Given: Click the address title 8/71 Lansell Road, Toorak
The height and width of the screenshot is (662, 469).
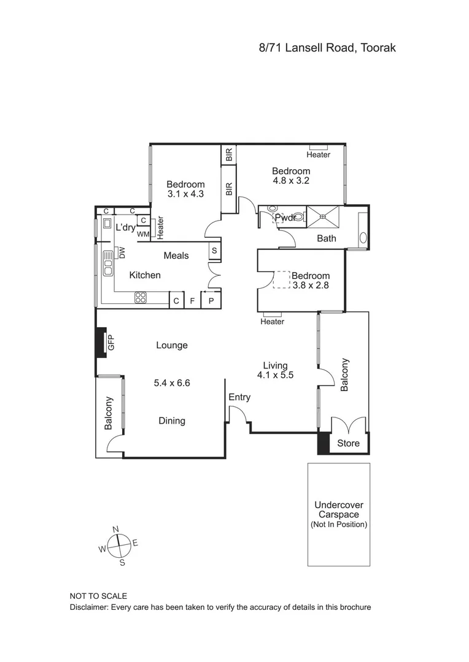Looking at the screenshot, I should [x=327, y=47].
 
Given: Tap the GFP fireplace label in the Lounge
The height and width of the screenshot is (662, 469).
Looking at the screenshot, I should [x=111, y=343].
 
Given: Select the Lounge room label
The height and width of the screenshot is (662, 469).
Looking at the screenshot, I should [x=172, y=345].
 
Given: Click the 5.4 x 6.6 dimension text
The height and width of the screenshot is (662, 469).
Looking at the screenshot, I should [x=172, y=383].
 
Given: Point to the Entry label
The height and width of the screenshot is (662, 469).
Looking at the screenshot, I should [x=239, y=397].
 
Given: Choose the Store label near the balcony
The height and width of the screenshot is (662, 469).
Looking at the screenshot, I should [x=349, y=443].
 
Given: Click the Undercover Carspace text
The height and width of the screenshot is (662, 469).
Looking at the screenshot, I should [x=339, y=510].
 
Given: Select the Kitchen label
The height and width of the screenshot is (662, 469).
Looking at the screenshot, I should [x=145, y=275].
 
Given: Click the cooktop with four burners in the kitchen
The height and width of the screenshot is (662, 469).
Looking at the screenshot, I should [x=141, y=299].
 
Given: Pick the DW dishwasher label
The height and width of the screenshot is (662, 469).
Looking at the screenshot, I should [x=122, y=252].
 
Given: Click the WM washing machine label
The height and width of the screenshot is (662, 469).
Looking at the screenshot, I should [x=143, y=234].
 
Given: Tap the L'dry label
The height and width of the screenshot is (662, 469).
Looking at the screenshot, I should [x=125, y=227].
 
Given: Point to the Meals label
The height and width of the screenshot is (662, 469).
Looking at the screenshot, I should [x=176, y=256].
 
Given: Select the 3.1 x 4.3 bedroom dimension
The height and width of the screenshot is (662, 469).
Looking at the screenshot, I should [x=185, y=194].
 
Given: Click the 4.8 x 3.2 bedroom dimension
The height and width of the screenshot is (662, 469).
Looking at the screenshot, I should [x=291, y=181].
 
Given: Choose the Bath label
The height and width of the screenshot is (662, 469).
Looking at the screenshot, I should [x=327, y=238].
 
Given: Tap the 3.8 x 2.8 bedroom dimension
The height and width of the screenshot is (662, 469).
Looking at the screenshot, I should [x=310, y=286].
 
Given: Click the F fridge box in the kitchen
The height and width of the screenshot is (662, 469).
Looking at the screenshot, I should [x=193, y=301].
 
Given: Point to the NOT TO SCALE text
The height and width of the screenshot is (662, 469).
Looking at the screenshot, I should [x=99, y=596].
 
